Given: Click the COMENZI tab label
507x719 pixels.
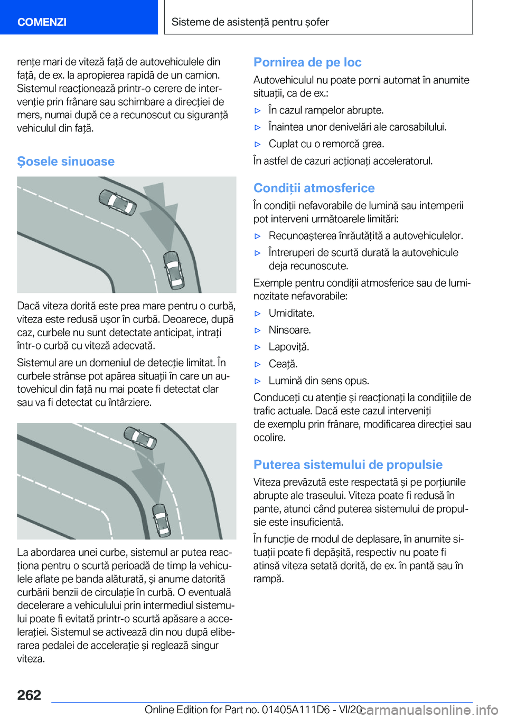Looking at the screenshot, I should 42,22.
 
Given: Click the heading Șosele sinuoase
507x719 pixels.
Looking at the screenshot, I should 65,162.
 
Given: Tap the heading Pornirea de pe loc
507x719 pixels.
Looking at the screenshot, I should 307,62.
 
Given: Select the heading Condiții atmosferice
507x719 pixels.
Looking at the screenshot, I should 314,188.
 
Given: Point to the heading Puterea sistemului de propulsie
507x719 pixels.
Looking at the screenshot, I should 348,465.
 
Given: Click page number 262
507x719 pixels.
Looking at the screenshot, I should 29,695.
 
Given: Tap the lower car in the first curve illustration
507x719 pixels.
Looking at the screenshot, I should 173,269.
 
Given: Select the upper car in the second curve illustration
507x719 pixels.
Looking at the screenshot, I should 140,437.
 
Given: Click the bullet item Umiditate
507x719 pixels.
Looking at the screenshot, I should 291,313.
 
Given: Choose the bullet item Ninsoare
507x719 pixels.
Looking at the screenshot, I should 289,330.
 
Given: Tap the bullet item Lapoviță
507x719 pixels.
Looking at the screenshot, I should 288,347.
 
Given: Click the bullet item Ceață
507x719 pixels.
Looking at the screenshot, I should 283,364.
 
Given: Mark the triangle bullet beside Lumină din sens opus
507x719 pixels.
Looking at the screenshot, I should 258,381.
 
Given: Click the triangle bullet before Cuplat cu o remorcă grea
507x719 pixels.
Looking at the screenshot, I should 258,144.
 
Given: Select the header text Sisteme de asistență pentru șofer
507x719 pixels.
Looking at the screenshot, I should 250,22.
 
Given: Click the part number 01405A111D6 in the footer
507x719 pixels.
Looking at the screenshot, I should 296,709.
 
